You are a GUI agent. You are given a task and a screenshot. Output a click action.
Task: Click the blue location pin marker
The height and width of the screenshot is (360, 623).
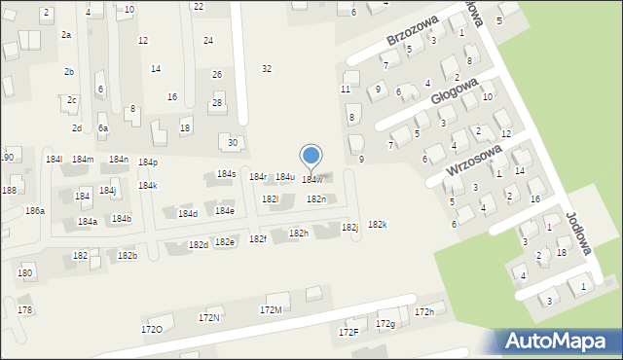(x=311, y=157)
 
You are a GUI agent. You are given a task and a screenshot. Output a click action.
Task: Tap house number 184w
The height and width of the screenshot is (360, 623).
(x=312, y=180)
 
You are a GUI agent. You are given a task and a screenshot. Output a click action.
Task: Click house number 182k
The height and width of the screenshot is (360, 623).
(x=378, y=225)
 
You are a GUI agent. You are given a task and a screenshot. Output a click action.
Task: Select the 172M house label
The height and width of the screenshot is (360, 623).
(x=271, y=309)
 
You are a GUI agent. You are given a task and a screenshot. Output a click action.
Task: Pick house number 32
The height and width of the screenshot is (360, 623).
(x=267, y=68)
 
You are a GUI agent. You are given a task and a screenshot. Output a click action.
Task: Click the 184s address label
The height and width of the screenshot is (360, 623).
(x=227, y=174)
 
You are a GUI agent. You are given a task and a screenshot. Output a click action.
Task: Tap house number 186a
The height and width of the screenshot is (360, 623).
(x=35, y=210)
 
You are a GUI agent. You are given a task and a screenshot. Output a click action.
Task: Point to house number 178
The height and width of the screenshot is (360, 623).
(x=25, y=309)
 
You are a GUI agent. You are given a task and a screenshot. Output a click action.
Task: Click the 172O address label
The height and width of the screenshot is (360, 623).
(x=152, y=329)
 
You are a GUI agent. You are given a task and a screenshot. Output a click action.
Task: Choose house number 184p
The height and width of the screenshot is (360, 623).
(x=148, y=162)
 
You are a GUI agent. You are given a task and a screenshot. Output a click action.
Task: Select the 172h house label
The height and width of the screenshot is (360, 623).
(x=424, y=311)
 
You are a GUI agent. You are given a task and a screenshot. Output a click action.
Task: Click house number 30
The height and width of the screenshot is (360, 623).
(x=233, y=142)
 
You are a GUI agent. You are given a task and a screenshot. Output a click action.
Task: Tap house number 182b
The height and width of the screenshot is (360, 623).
(x=128, y=255)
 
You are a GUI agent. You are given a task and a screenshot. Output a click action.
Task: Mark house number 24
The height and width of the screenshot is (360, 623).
(x=208, y=40)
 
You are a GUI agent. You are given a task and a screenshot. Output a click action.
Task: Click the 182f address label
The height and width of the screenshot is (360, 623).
(x=257, y=238)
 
